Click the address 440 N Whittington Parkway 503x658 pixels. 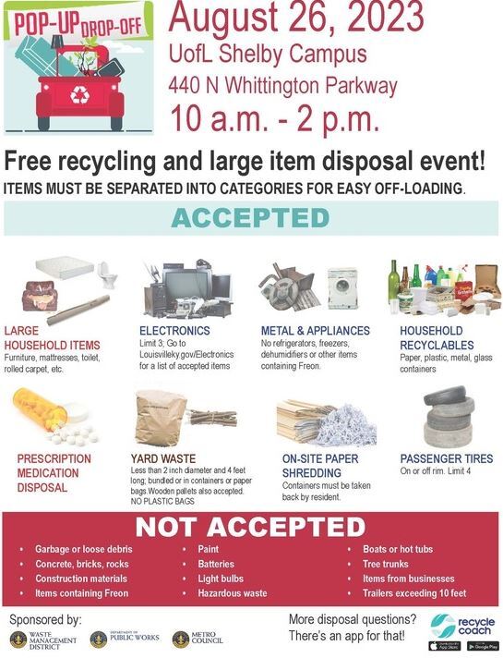coord(282,86)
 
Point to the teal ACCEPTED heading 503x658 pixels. coord(250,218)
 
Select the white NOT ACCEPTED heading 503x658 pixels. coord(250,528)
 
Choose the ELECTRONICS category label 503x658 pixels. coord(174,330)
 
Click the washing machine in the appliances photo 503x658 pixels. coord(342,286)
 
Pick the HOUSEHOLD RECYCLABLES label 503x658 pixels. coord(431,336)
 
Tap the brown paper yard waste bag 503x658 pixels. coord(162,418)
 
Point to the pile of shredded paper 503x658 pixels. coord(342,420)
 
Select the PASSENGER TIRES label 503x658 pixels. coord(447,458)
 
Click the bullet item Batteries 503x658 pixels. coord(216,564)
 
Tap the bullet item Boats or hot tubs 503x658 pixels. coord(398,549)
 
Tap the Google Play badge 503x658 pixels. coord(481,645)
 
